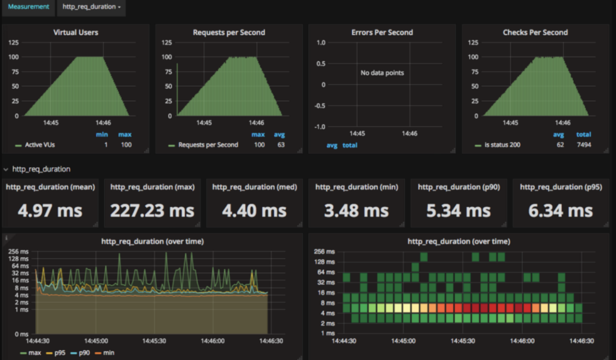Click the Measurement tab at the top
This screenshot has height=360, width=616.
coord(28,7)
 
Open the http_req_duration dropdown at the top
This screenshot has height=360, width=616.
coord(91,7)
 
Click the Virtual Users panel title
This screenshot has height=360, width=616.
coord(75,32)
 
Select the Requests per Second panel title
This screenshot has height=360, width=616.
coord(229,32)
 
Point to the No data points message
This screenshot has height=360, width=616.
coord(382,73)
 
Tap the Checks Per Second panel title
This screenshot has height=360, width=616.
coord(535,32)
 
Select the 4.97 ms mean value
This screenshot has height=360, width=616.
coord(50,210)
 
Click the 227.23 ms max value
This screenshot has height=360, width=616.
coord(153,210)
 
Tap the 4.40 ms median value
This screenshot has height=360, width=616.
coord(255,210)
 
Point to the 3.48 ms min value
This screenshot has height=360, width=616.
coord(357,210)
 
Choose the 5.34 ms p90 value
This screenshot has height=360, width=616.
coord(459,210)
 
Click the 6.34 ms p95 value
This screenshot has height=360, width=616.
coord(561,210)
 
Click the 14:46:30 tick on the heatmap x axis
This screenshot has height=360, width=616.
coord(581,342)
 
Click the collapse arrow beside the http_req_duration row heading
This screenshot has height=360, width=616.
coord(6,169)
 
